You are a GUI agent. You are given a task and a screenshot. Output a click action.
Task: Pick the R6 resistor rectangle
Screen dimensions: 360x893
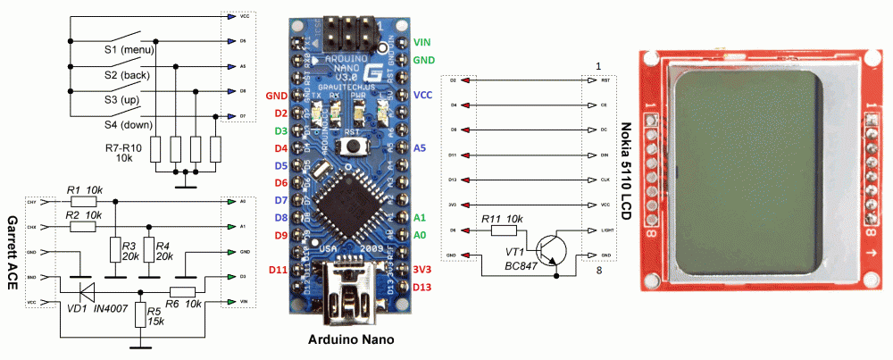[x=183, y=291]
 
